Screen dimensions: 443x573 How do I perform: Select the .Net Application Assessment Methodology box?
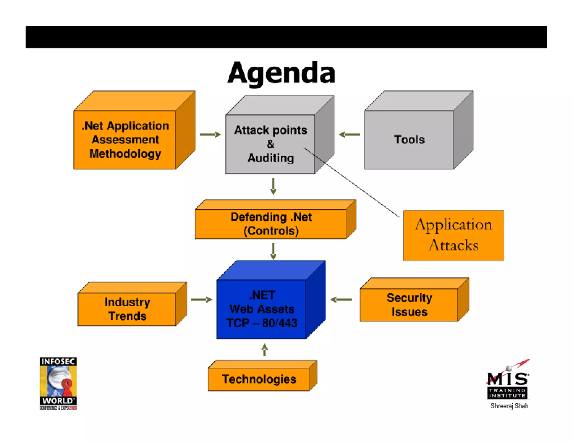pyautogui.click(x=125, y=139)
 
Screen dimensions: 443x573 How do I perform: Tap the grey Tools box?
pyautogui.click(x=409, y=139)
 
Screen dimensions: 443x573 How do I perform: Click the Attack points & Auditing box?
pyautogui.click(x=270, y=144)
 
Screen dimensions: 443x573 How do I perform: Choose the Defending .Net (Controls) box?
pyautogui.click(x=271, y=224)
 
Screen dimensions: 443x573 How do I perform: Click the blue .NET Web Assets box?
pyautogui.click(x=262, y=309)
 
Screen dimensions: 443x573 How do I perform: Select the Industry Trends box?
pyautogui.click(x=127, y=309)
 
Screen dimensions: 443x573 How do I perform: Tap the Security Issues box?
pyautogui.click(x=409, y=305)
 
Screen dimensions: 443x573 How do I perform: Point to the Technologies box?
pyautogui.click(x=259, y=379)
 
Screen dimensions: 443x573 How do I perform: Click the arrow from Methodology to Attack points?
pyautogui.click(x=210, y=135)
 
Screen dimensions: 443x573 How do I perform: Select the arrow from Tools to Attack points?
pyautogui.click(x=349, y=135)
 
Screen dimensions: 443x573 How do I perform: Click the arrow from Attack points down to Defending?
pyautogui.click(x=273, y=186)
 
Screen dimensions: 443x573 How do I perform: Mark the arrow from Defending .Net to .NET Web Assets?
pyautogui.click(x=273, y=251)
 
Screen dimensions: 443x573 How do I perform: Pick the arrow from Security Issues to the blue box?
pyautogui.click(x=341, y=300)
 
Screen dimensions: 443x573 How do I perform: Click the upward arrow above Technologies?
pyautogui.click(x=265, y=350)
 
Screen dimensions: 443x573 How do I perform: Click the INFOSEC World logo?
pyautogui.click(x=58, y=383)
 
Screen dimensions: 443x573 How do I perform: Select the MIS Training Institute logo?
pyautogui.click(x=508, y=381)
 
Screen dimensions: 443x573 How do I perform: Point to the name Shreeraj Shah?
pyautogui.click(x=509, y=406)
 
